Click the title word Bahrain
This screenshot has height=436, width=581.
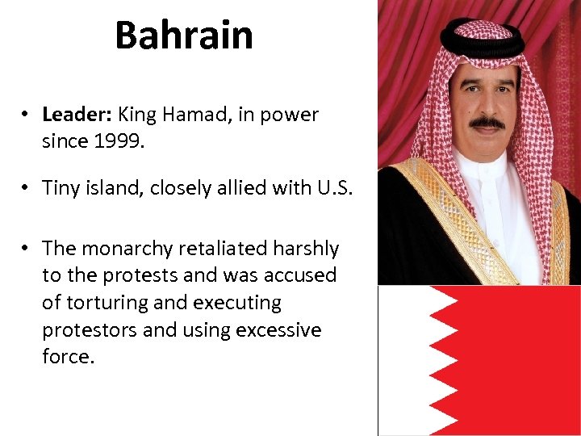184,36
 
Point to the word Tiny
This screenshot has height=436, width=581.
62,187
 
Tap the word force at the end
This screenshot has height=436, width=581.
68,357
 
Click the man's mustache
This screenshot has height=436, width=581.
487,122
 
